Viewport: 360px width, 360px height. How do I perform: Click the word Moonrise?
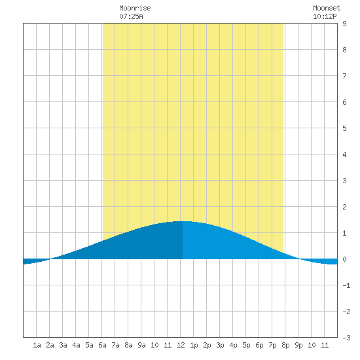[x=135, y=8]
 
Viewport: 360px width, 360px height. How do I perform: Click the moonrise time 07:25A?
[x=131, y=16]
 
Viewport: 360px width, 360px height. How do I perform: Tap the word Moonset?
[x=327, y=8]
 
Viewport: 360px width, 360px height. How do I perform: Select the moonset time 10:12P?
[x=325, y=16]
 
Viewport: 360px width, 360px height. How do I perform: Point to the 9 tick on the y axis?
[x=344, y=24]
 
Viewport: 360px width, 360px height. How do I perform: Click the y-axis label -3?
[x=346, y=338]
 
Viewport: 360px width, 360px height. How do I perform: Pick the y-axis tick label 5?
[x=344, y=128]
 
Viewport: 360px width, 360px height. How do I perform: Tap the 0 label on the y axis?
[x=344, y=259]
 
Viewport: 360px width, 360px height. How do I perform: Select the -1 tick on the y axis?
[x=346, y=285]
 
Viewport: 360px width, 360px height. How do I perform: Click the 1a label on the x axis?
[x=37, y=345]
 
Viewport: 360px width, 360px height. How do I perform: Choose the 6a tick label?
[x=102, y=345]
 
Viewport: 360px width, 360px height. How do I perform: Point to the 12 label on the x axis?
[x=181, y=345]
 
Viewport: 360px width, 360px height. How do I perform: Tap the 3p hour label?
[x=220, y=345]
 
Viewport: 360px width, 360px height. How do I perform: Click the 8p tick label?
[x=285, y=345]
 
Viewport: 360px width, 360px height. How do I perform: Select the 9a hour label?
[x=141, y=345]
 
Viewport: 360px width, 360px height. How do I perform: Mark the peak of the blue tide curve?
[x=183, y=221]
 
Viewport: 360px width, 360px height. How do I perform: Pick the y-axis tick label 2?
[x=344, y=207]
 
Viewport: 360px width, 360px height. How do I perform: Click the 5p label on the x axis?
[x=246, y=345]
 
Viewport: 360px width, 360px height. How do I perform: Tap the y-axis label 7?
[x=344, y=76]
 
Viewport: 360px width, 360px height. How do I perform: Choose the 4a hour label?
[x=76, y=345]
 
